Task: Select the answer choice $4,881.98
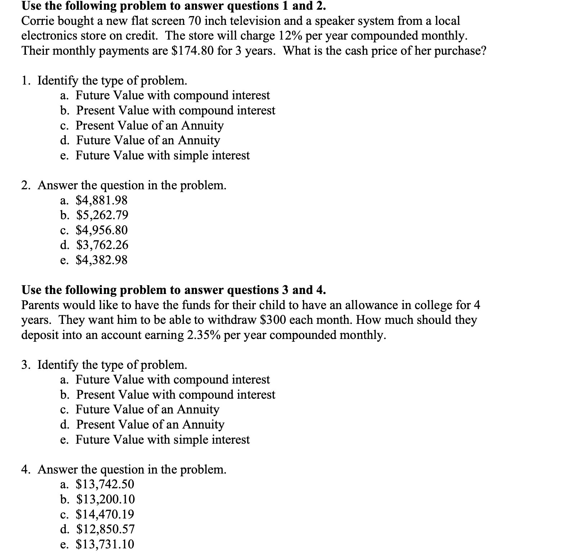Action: (x=101, y=200)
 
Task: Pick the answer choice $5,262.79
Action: (x=102, y=215)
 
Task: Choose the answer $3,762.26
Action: (x=102, y=245)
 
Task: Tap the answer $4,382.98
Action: (x=101, y=260)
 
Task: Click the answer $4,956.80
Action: (x=101, y=230)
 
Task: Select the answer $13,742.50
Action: (x=105, y=484)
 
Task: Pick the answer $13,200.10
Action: (x=105, y=499)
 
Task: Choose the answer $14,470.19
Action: (x=105, y=514)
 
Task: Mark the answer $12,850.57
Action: (x=105, y=529)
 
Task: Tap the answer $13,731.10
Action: (x=105, y=544)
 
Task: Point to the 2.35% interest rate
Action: (x=204, y=335)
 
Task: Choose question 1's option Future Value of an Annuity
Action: (x=148, y=140)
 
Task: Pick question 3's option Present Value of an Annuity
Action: (x=150, y=425)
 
